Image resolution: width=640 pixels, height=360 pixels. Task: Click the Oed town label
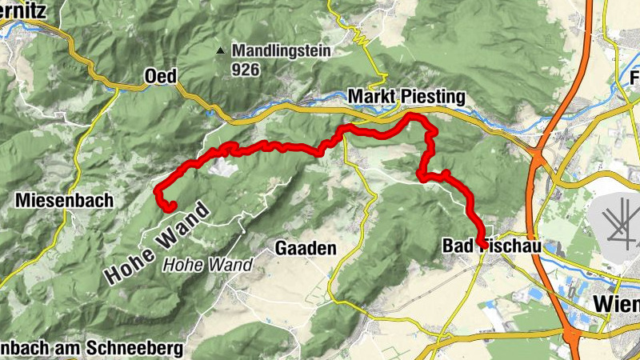point(160,76)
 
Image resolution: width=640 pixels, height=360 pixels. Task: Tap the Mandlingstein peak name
point(282,51)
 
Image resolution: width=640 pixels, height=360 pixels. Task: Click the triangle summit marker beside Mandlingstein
point(220,51)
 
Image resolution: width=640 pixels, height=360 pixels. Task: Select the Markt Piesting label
point(406,97)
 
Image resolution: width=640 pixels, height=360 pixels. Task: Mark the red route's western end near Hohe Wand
point(170,207)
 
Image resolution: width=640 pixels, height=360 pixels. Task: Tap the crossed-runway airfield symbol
point(617,219)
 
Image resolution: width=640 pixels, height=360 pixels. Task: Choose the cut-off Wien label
point(616,304)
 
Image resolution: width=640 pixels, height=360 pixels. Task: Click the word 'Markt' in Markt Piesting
point(371,97)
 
